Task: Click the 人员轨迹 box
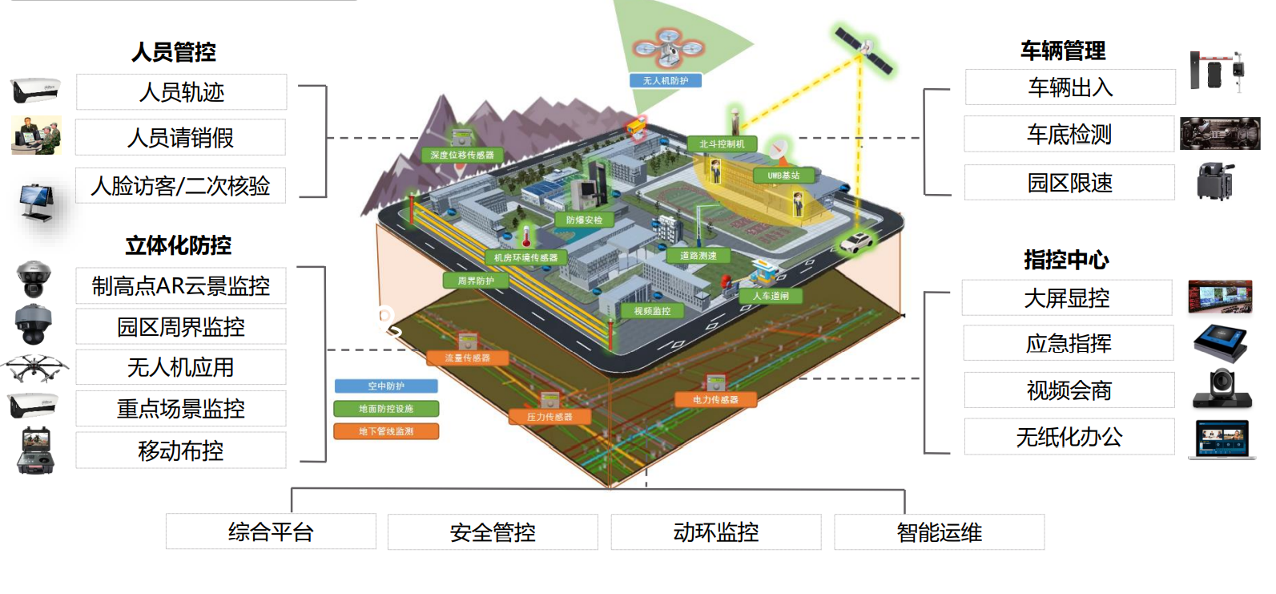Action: pos(181,92)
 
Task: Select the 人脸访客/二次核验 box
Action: pos(180,186)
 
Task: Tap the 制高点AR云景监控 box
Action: pos(180,286)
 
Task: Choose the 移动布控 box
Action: pos(180,451)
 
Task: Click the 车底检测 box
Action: pos(1069,135)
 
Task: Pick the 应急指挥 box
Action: pos(1069,344)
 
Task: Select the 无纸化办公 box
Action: pos(1069,437)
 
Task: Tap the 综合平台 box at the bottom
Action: pos(271,532)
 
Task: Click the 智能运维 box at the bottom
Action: pos(939,532)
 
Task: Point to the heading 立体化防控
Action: pos(178,245)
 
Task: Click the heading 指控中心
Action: pos(1066,260)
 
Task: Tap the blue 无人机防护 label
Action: pos(666,81)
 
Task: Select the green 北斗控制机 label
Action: pos(722,144)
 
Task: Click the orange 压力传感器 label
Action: pos(549,417)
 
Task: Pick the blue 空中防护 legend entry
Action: pos(386,386)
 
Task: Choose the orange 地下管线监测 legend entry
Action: pos(386,431)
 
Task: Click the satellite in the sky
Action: pos(863,50)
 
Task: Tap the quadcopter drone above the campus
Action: pos(668,48)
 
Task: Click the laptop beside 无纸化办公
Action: pos(1222,440)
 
